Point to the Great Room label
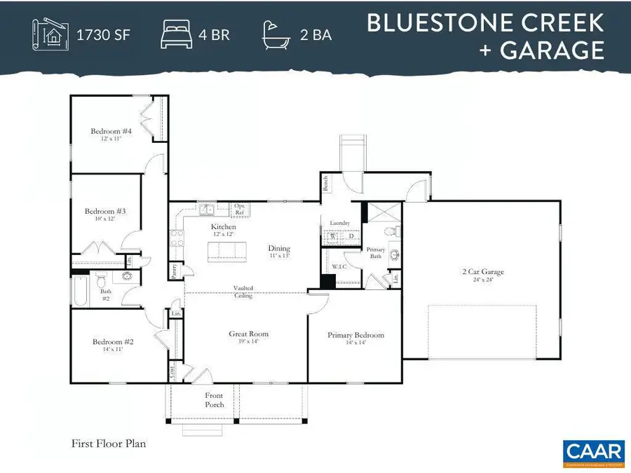249,334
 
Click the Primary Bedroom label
355,336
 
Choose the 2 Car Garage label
483,272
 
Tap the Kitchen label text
224,227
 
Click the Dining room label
279,249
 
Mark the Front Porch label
215,400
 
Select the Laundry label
339,223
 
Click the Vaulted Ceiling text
244,292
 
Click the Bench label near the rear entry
326,184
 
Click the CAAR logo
583,452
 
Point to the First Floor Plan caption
108,444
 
